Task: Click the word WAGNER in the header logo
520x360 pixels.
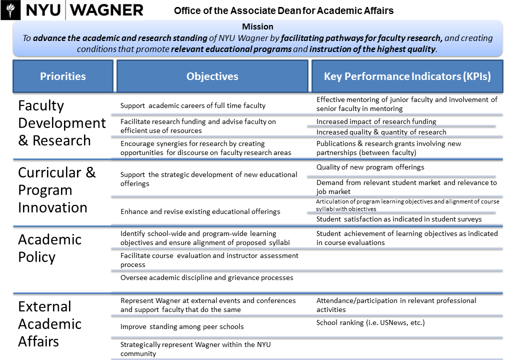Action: [x=107, y=10]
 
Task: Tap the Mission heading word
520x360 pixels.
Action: [x=257, y=26]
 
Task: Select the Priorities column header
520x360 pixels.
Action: [x=63, y=76]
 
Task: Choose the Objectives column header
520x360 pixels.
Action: [x=212, y=76]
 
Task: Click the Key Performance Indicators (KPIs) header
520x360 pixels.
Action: [x=407, y=76]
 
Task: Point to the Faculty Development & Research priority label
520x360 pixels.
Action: [x=62, y=123]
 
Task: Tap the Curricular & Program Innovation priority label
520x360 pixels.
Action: [x=56, y=190]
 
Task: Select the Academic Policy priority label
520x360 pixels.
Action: [x=49, y=248]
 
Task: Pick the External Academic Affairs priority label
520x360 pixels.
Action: [x=49, y=324]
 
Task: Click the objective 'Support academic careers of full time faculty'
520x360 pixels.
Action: [x=193, y=105]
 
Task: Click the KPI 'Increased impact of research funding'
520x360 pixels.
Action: [x=376, y=121]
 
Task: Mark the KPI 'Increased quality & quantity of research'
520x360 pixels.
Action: [x=381, y=132]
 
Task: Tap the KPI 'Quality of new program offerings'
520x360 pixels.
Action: [x=370, y=167]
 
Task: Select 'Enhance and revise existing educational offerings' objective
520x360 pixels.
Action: [x=200, y=211]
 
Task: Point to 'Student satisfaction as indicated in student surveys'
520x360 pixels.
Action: [x=399, y=219]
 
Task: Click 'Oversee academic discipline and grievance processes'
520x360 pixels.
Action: [x=206, y=277]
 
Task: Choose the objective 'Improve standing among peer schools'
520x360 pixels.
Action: [x=182, y=326]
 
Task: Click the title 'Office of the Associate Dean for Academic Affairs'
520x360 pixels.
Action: [x=283, y=10]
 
